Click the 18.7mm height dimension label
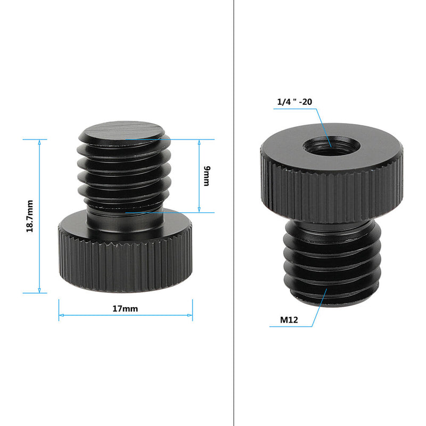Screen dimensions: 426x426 (30, 216)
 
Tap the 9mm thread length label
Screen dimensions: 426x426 (207, 176)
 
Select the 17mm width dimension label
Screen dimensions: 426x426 (126, 308)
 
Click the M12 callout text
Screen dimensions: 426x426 (289, 321)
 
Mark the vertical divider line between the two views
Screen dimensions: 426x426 (234, 213)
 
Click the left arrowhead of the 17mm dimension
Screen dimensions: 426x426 (61, 316)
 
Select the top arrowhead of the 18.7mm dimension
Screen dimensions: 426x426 (39, 142)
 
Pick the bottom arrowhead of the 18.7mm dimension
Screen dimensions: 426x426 (39, 290)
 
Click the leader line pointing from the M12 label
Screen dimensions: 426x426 (317, 309)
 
